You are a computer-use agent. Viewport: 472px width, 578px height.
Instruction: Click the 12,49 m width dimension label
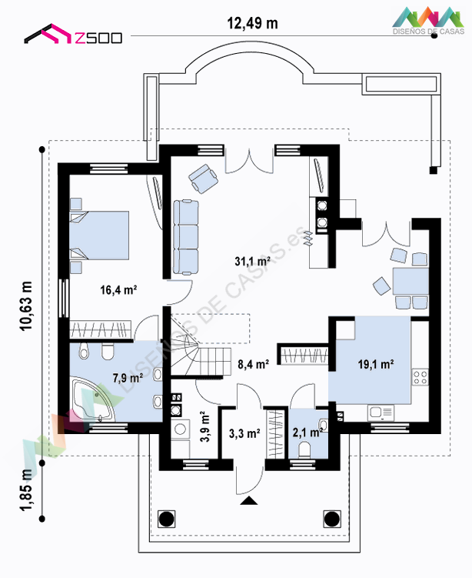point(253,23)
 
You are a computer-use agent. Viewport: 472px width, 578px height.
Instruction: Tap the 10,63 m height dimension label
point(26,306)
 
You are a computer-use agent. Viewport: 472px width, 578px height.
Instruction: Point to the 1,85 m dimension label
point(26,490)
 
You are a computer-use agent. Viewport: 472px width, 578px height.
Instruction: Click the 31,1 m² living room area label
point(253,262)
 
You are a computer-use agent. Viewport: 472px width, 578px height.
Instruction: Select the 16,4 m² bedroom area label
point(118,289)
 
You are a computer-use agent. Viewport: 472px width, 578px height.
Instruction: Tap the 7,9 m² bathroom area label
point(128,378)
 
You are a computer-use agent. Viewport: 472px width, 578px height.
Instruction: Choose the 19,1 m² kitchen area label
point(376,364)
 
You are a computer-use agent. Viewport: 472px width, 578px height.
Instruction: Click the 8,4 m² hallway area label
point(254,364)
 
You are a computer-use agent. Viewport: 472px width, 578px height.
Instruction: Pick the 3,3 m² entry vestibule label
point(244,433)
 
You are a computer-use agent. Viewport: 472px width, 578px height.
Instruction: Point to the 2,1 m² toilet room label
point(307,432)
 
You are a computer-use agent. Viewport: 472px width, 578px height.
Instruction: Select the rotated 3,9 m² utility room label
point(204,426)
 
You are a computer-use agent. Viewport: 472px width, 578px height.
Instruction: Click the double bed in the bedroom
point(99,236)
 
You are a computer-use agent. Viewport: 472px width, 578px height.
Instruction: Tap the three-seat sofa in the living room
point(186,237)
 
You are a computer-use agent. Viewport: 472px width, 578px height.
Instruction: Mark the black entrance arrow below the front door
point(249,500)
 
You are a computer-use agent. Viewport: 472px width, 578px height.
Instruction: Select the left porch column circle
point(166,519)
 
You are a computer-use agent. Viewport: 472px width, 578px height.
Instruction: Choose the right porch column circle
point(332,519)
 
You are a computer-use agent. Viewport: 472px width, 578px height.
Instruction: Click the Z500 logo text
point(98,38)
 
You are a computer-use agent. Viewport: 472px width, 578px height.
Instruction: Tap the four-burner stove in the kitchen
point(420,377)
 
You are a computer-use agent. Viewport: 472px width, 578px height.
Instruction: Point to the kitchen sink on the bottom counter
point(381,413)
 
